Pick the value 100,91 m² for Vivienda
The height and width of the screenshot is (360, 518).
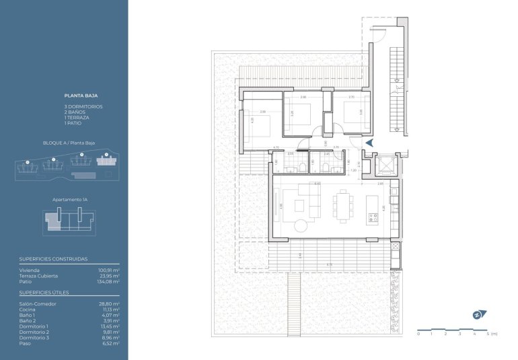[108, 270]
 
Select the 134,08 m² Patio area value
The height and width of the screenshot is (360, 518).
[108, 282]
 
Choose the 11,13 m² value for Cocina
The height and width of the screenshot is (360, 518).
[110, 310]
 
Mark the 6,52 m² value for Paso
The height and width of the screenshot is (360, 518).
[111, 343]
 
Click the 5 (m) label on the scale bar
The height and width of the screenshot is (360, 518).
[491, 334]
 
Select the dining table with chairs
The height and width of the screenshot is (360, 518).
[344, 205]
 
